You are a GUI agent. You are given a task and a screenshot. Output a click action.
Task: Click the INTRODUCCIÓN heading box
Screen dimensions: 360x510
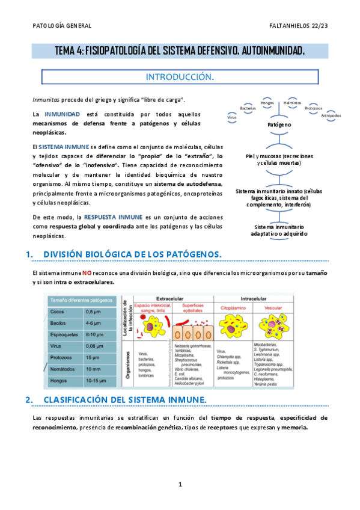click(180, 77)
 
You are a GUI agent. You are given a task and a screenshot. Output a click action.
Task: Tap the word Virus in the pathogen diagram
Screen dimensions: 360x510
click(232, 117)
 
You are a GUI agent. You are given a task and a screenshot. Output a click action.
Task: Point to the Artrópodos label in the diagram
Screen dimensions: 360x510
click(331, 115)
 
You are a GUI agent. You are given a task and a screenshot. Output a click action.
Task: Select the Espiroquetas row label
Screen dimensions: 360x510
click(63, 334)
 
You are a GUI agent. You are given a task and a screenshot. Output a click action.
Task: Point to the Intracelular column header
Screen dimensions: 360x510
click(254, 298)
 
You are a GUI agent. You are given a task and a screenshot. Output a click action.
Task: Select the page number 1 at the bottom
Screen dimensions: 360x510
click(180, 485)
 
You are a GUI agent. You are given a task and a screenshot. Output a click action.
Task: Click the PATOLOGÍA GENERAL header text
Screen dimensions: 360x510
click(62, 26)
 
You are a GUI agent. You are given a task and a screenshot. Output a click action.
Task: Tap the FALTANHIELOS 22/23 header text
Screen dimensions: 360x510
click(298, 26)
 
